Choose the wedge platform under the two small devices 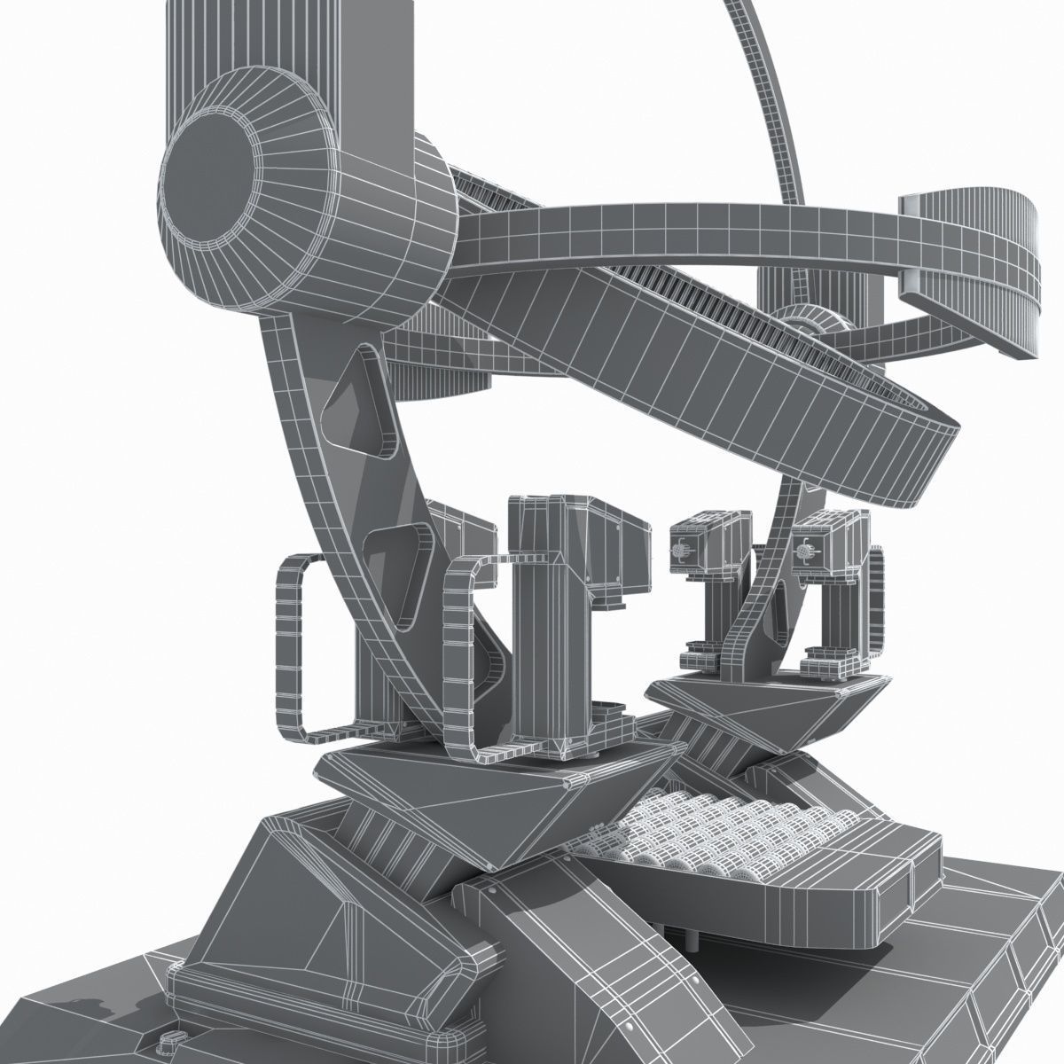coord(771,709)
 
